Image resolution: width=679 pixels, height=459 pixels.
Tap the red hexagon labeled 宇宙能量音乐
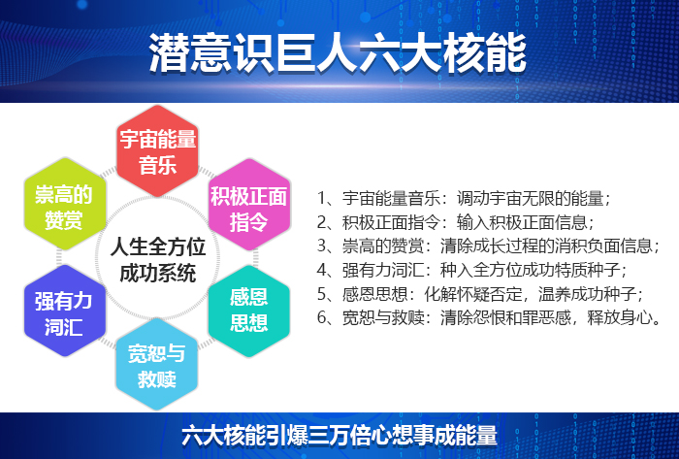pyautogui.click(x=157, y=150)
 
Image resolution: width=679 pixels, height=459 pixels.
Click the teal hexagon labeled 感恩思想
pyautogui.click(x=249, y=310)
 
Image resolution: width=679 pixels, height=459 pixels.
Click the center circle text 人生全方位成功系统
pyautogui.click(x=156, y=257)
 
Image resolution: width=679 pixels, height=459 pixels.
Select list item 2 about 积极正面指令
pyautogui.click(x=456, y=221)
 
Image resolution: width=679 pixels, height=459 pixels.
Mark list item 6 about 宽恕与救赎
pyautogui.click(x=490, y=316)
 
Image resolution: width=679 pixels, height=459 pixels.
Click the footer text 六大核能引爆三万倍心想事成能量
pyautogui.click(x=339, y=434)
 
